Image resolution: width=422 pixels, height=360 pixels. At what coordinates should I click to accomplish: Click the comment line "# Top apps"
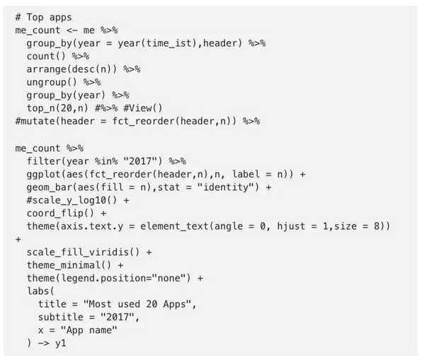tap(44, 18)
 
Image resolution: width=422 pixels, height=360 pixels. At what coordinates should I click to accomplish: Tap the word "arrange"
tap(46, 69)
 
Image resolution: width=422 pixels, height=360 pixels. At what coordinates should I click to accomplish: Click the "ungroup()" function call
tap(52, 82)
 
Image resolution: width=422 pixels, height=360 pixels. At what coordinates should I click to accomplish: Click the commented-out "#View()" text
tap(143, 108)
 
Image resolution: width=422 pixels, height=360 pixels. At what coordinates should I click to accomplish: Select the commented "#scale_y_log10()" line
tap(72, 200)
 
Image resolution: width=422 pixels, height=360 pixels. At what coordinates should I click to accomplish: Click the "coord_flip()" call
tap(61, 213)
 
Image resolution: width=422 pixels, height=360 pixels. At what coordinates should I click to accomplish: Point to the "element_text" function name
tap(174, 226)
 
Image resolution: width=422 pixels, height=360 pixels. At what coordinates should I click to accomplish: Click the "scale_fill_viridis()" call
tap(83, 252)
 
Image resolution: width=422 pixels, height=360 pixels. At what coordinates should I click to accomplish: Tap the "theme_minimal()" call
tap(69, 265)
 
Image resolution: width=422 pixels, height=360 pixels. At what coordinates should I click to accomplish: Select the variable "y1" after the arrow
tap(61, 343)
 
